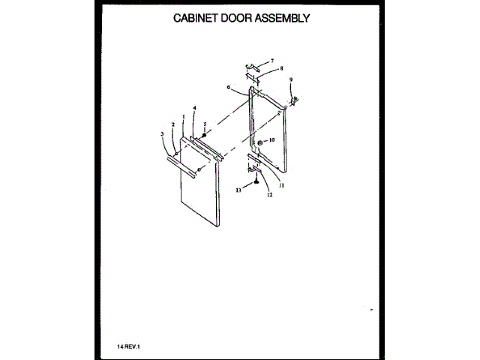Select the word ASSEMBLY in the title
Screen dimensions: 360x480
(x=283, y=18)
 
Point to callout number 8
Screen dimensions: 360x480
(x=281, y=68)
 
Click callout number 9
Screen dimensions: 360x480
(x=291, y=79)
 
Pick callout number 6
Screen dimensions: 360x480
(x=227, y=88)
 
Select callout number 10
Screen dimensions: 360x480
(x=272, y=140)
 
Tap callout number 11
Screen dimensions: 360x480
(x=281, y=184)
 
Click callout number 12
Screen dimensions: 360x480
(x=268, y=194)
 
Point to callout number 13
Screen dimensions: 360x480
(x=239, y=190)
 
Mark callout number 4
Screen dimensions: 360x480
(x=193, y=109)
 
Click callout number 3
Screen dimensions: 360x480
(x=163, y=134)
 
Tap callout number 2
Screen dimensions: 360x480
(x=173, y=124)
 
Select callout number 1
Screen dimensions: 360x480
(x=184, y=116)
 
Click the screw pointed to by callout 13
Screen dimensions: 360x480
(x=256, y=180)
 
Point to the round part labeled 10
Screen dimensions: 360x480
(x=259, y=141)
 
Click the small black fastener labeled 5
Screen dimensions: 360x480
(x=204, y=135)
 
